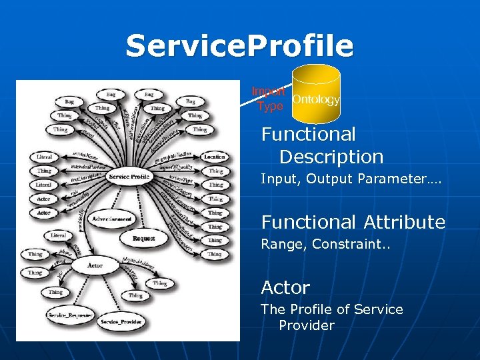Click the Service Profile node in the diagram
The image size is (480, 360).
click(129, 177)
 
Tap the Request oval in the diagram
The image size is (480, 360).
click(143, 238)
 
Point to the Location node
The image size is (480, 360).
click(215, 157)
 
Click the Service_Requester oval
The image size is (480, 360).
click(70, 314)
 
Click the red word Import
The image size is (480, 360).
click(269, 91)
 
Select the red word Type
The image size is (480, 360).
click(270, 106)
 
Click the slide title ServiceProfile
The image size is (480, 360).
click(239, 46)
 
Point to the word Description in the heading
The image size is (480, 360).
click(331, 157)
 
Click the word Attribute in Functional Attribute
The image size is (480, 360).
click(405, 222)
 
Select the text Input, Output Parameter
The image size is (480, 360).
click(351, 179)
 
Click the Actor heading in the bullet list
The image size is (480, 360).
click(285, 288)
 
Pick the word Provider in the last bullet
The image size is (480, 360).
click(307, 325)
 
